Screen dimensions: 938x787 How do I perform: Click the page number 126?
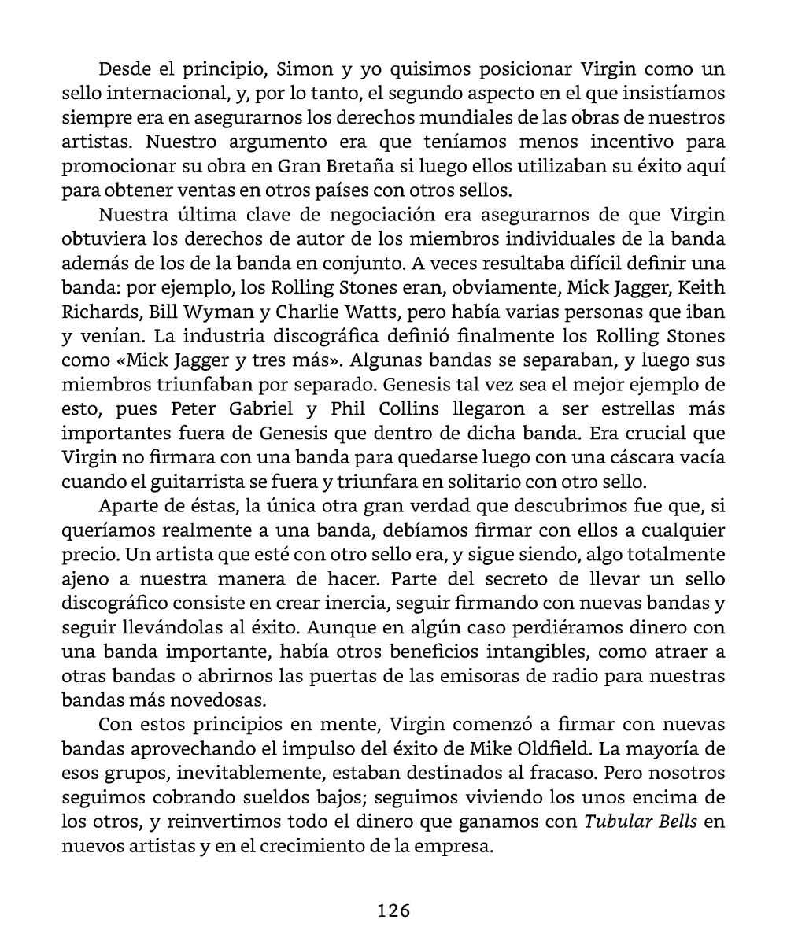coord(393,910)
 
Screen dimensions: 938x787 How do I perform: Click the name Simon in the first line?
coord(302,69)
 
